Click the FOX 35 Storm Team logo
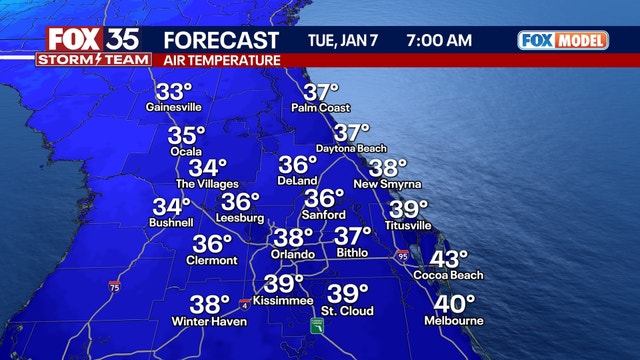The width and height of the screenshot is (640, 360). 89,46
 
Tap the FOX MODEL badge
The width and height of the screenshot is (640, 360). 563,40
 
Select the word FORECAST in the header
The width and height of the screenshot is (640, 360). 220,40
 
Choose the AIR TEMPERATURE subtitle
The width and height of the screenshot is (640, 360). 223,61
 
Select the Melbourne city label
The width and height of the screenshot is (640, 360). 458,321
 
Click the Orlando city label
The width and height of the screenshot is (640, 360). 292,254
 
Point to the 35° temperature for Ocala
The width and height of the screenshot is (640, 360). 186,135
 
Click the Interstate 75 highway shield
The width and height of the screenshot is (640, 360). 116,286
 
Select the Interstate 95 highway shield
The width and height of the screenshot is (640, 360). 401,256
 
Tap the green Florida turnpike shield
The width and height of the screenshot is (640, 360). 315,327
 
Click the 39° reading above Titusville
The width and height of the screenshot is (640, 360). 408,209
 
